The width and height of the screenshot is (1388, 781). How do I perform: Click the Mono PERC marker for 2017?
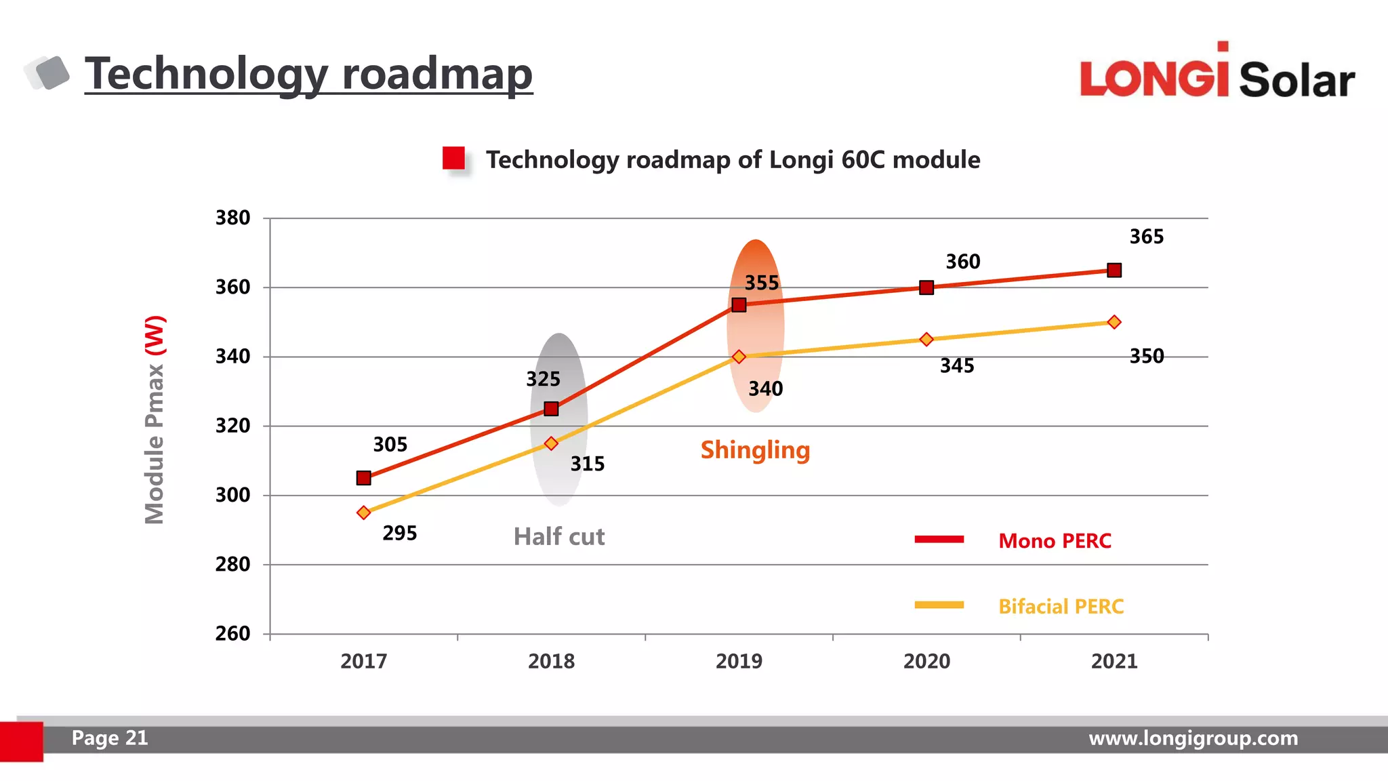(x=363, y=478)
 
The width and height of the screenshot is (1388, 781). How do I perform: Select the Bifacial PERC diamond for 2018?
(x=551, y=443)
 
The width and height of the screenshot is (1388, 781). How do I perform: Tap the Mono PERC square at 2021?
(x=1114, y=271)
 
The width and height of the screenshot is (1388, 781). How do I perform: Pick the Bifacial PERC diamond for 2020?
(x=926, y=339)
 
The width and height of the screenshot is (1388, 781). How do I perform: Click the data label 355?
(x=762, y=283)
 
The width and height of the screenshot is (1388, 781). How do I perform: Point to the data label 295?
(x=399, y=533)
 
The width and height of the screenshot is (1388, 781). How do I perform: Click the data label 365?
(x=1146, y=237)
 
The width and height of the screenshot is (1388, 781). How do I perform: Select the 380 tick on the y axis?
(x=232, y=218)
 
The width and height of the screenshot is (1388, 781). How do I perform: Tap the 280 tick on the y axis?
(x=232, y=564)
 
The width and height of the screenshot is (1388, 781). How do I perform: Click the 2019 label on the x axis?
(x=739, y=661)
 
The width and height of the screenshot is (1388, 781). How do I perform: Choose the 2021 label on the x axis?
(x=1114, y=661)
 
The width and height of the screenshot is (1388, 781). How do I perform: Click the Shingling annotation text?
(x=755, y=450)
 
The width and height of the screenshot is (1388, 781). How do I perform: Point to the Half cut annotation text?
(x=558, y=537)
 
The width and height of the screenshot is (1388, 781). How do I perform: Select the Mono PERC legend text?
(x=1055, y=541)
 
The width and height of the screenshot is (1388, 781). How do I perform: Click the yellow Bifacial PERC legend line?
(x=939, y=605)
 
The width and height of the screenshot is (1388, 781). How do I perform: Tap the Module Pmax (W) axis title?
(x=155, y=420)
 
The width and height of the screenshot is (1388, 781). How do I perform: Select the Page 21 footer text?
(x=110, y=738)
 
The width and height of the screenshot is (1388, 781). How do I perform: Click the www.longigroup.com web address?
(x=1193, y=738)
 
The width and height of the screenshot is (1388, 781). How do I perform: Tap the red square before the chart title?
(x=453, y=159)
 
